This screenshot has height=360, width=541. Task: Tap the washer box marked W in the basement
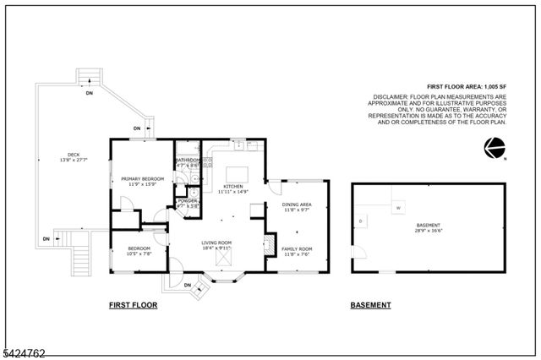coord(397,207)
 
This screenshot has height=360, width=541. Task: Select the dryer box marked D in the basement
coord(361,221)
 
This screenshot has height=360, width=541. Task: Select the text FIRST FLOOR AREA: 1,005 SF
coord(466,87)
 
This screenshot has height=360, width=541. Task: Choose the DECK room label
coord(63,155)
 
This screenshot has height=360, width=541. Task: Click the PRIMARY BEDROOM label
coord(142,179)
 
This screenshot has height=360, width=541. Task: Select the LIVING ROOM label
coord(216,243)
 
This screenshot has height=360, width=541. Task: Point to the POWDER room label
coord(187,200)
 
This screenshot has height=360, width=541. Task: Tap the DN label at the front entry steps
coord(188,286)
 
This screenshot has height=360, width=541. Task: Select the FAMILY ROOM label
coord(297,248)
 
